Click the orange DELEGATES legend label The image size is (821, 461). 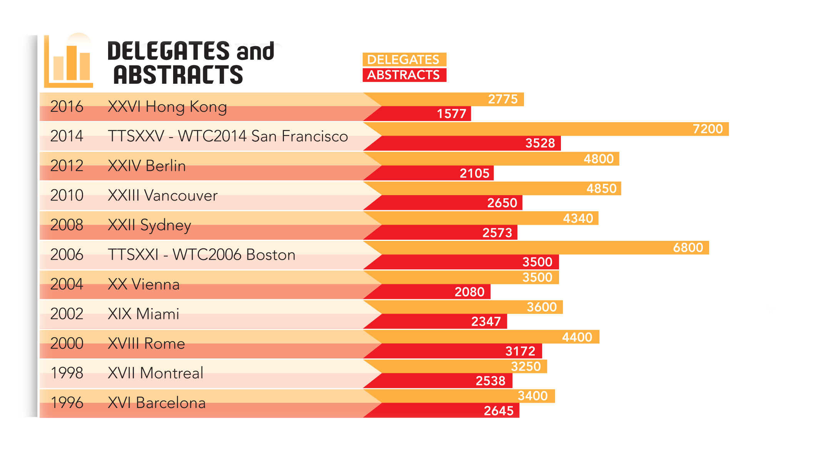(x=404, y=60)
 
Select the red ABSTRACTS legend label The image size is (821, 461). (x=404, y=75)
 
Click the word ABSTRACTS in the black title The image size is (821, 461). (x=178, y=75)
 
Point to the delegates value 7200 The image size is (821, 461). (x=708, y=129)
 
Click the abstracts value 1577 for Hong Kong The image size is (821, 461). (x=451, y=114)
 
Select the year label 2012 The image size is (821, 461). (x=67, y=166)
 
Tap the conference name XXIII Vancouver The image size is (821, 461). (x=163, y=196)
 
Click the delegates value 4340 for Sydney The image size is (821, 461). (x=578, y=219)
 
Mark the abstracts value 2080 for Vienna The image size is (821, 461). (x=469, y=292)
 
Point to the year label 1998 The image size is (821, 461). (x=67, y=373)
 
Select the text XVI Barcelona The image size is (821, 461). (x=157, y=403)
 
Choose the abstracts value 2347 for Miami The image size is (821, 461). (x=486, y=322)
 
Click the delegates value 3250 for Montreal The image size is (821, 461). (x=526, y=366)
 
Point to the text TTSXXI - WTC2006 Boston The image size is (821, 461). (x=202, y=255)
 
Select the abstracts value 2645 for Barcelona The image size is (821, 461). (x=499, y=411)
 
